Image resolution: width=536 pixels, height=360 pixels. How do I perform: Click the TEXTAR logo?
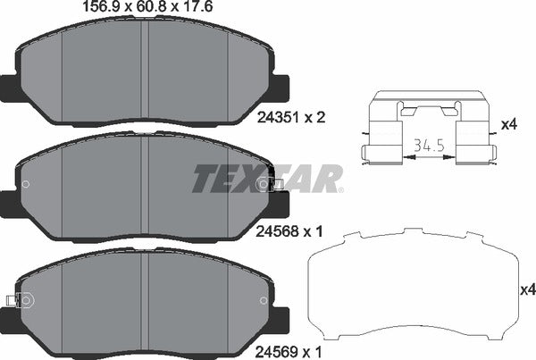[266, 179]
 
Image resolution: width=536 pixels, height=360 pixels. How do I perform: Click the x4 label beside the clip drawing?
[509, 125]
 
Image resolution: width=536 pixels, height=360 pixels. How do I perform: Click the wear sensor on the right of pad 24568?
[271, 184]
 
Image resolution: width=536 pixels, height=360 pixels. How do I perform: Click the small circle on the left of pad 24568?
[25, 185]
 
